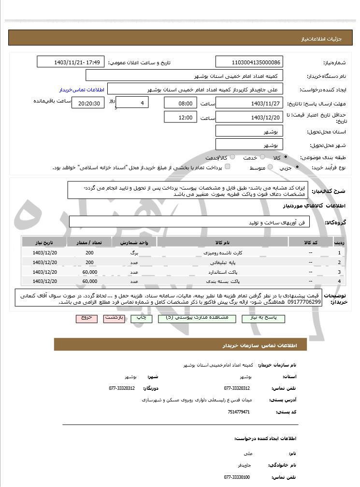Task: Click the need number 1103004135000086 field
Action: [x=249, y=62]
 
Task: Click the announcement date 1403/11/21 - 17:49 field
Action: [x=71, y=62]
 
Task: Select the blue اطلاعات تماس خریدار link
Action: [x=79, y=90]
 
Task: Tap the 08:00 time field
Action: [x=181, y=103]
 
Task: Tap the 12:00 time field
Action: [x=181, y=117]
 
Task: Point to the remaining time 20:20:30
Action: [x=87, y=103]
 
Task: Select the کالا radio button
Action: [x=286, y=157]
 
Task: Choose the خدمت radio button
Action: [x=262, y=157]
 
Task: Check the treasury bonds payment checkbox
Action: [x=228, y=167]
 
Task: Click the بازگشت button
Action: [x=116, y=318]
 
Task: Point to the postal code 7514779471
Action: [x=238, y=412]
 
